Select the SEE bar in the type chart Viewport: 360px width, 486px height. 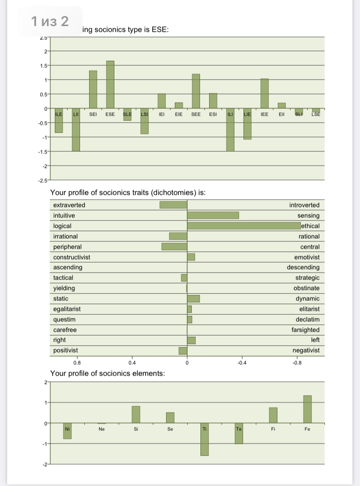(x=196, y=91)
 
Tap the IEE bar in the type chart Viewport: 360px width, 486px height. (x=264, y=93)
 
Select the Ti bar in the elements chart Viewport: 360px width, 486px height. (x=204, y=439)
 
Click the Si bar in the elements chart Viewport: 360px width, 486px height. (x=136, y=414)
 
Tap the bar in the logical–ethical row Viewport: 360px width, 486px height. (x=243, y=226)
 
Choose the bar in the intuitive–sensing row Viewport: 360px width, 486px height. (x=213, y=216)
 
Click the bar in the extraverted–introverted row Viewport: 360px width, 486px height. (x=173, y=205)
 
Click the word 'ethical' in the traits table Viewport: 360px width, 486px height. (x=310, y=226)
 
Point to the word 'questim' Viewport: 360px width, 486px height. (x=64, y=320)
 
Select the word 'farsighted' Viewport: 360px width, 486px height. (x=305, y=330)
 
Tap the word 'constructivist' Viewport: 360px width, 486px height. (x=71, y=257)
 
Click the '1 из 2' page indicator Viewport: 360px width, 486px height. (x=50, y=21)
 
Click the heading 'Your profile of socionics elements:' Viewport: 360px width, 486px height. (x=107, y=373)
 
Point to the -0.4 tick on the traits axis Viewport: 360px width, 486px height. (x=240, y=362)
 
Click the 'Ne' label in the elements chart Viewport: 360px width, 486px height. (x=102, y=429)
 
